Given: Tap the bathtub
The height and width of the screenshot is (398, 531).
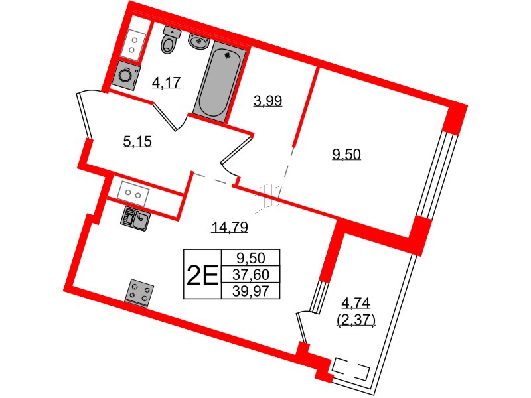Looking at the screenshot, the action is [x=220, y=82].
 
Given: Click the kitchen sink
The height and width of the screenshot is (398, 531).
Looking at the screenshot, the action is [x=135, y=218].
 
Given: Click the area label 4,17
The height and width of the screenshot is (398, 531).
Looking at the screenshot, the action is [x=167, y=82].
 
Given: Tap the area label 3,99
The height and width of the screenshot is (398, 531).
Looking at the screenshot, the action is [x=267, y=101].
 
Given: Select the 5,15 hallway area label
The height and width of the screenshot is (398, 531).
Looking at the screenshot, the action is [x=137, y=141].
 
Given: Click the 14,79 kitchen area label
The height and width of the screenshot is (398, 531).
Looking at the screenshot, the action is [x=230, y=227].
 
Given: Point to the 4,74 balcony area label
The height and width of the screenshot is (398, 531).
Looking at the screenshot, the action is [x=356, y=302].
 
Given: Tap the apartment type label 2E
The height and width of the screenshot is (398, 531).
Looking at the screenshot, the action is [x=202, y=275].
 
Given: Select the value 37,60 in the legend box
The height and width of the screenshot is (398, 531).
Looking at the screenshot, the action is [x=251, y=275].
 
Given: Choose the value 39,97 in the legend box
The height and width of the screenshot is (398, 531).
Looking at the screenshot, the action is [x=251, y=291].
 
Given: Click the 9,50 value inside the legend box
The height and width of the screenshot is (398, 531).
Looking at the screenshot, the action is [x=251, y=259].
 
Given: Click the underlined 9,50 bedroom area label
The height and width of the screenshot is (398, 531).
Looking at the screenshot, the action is [x=346, y=154].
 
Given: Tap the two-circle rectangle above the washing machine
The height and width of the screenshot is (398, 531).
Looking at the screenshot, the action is [x=133, y=45].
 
